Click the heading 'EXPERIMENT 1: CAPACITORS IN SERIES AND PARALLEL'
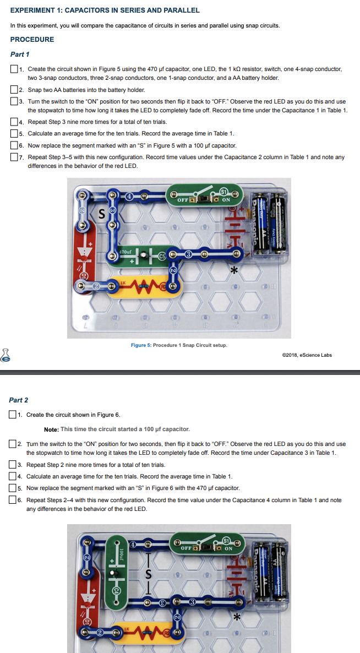[x=105, y=10]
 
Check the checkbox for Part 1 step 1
[x=14, y=69]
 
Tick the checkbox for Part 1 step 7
[x=14, y=157]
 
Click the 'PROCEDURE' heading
[x=32, y=40]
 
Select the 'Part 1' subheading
[x=20, y=54]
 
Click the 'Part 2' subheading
[x=19, y=400]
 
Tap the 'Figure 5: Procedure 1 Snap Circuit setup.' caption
[x=179, y=345]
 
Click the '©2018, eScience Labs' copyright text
[x=306, y=355]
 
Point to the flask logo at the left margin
[x=6, y=355]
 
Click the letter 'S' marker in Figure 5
[x=101, y=215]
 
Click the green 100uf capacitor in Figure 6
[x=116, y=573]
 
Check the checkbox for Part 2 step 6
[x=13, y=500]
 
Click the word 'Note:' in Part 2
[x=51, y=429]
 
